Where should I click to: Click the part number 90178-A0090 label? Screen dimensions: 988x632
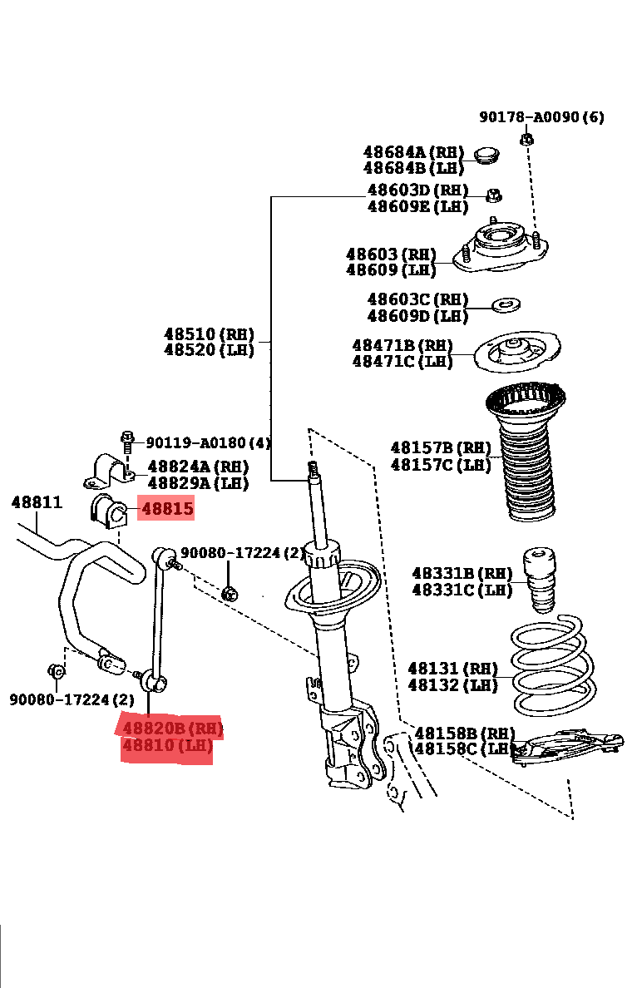[x=541, y=117]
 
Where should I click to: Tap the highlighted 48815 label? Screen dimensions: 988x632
[x=167, y=509]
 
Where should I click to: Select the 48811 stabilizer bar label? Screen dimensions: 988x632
[x=37, y=502]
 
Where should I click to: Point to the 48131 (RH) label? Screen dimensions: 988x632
[x=452, y=669]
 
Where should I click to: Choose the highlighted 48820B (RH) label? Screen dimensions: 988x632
[x=173, y=729]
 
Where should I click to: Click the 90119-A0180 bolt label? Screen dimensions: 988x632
[x=208, y=443]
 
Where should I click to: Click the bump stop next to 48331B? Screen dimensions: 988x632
[x=541, y=580]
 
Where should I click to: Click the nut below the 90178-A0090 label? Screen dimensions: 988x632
[x=526, y=138]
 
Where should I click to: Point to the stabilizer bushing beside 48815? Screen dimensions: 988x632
[x=106, y=510]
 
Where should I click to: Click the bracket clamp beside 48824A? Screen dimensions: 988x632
[x=108, y=472]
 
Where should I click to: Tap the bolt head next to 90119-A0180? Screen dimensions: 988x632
[x=127, y=438]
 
